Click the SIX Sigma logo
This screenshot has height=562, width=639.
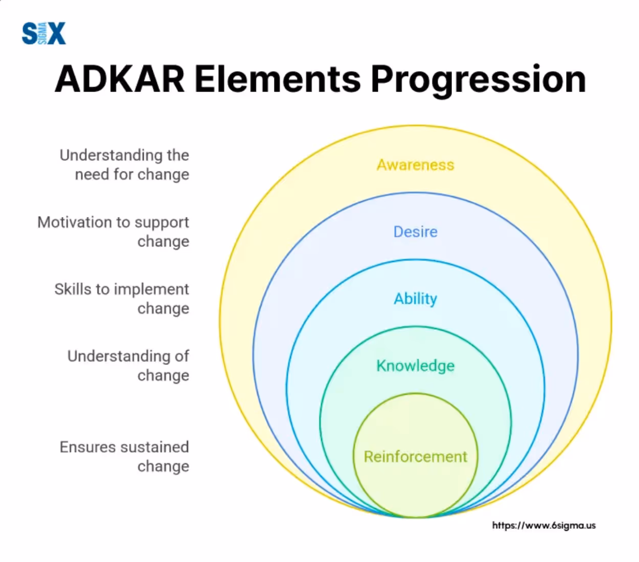click(43, 34)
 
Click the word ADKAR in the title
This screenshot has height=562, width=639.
click(120, 79)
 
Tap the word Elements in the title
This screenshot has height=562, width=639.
click(277, 79)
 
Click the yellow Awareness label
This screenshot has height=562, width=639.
click(415, 165)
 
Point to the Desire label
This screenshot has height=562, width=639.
click(415, 232)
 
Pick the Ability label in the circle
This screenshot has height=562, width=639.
click(415, 299)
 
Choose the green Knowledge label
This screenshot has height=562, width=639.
click(415, 366)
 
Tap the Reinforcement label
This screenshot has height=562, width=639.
click(415, 457)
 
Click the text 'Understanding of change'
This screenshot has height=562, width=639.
click(129, 366)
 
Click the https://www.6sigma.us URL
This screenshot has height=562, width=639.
click(543, 526)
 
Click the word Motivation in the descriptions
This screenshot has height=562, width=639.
click(75, 223)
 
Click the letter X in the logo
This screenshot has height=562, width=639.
click(57, 34)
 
